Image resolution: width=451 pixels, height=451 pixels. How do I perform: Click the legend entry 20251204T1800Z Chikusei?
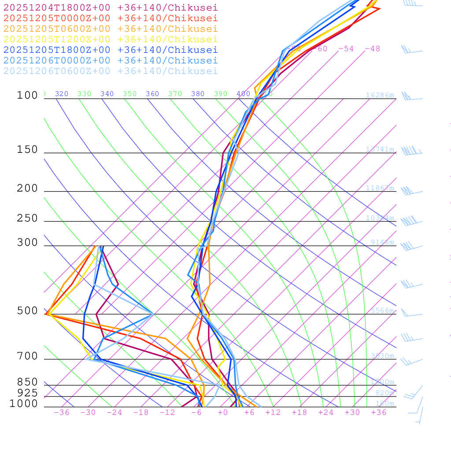110,7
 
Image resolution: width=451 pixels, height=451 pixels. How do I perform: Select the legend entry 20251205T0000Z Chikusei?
110,18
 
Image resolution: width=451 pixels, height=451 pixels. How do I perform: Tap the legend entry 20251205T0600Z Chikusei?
110,29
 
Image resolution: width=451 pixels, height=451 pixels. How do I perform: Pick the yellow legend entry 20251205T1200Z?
110,39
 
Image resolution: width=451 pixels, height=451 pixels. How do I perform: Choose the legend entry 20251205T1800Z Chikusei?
110,50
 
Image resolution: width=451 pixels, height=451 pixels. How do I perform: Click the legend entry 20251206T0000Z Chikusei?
110,60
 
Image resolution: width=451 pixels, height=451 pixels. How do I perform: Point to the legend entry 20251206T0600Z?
110,71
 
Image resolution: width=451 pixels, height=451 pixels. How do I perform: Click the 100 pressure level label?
27,95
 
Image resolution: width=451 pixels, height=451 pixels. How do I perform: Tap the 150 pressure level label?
27,150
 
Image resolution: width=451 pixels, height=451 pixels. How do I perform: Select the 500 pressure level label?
27,311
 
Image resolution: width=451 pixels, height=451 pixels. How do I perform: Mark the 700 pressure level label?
27,356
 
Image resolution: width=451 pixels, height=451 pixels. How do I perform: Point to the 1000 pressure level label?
24,404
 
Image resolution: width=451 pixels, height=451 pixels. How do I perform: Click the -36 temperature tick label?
62,412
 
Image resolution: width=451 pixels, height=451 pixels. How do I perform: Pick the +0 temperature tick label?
223,412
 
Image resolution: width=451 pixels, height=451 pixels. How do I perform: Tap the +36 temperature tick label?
379,412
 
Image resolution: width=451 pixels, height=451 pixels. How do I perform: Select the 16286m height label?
380,95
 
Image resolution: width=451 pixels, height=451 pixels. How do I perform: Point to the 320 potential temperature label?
62,94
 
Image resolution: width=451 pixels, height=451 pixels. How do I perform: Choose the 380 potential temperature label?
198,94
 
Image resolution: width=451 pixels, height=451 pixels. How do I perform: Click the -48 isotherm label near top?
372,48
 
